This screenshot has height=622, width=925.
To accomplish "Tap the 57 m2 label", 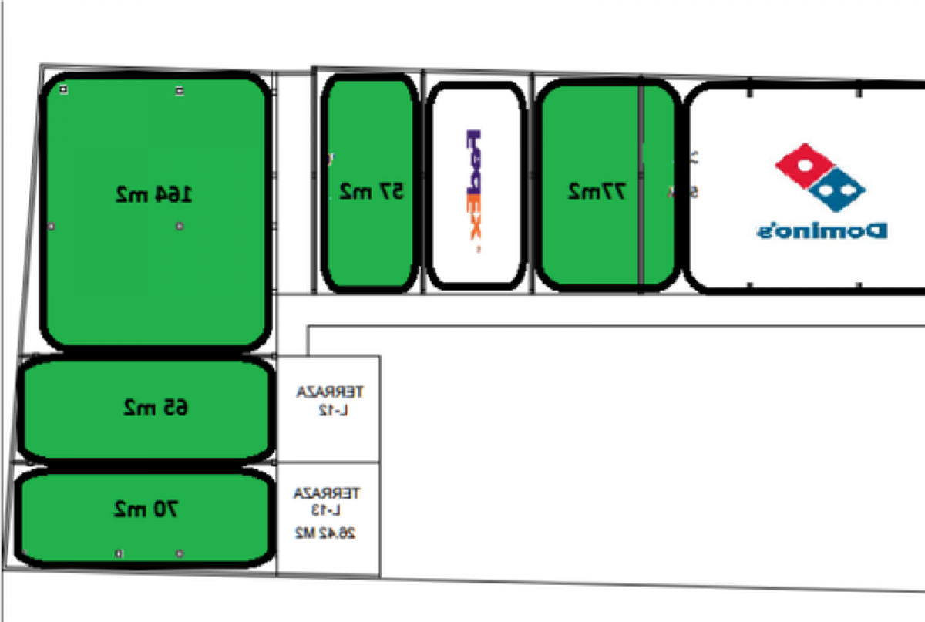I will coord(372,191).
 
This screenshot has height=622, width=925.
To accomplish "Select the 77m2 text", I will coord(597,191).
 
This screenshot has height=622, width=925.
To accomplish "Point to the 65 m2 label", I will coord(155,407).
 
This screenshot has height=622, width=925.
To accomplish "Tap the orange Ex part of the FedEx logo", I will coord(474,220).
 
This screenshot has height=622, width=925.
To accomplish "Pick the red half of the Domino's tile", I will coord(804,162).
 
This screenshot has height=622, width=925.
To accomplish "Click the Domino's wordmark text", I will coord(821,230).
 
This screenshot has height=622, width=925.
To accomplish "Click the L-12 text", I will coord(330,409).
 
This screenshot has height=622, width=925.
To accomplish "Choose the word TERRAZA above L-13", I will coord(327,492).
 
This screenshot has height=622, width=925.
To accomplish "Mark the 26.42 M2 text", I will coord(327,533).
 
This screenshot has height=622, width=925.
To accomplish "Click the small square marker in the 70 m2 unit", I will coord(118,553).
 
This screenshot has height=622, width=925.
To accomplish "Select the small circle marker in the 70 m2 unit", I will coord(179,553).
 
